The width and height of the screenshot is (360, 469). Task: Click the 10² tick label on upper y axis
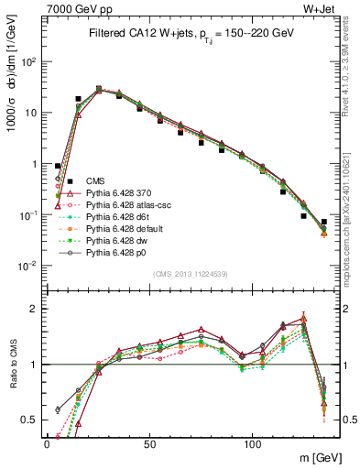pos(29,61)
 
